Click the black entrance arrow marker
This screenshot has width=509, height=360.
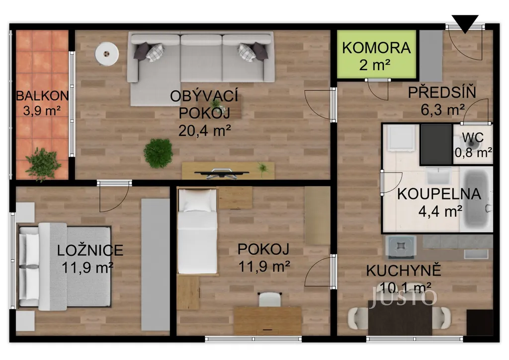465,23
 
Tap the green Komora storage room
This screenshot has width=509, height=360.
376,54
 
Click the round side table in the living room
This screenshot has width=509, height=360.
106,54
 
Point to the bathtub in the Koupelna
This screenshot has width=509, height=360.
477,198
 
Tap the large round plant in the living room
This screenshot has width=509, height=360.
158,153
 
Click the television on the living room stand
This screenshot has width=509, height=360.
222,174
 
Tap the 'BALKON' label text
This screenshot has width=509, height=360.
42,96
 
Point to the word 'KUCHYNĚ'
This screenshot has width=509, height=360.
404,270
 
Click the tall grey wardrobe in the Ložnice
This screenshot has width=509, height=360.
155,265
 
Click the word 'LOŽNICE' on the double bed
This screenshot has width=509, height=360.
90,251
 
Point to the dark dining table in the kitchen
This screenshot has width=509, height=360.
400,318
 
